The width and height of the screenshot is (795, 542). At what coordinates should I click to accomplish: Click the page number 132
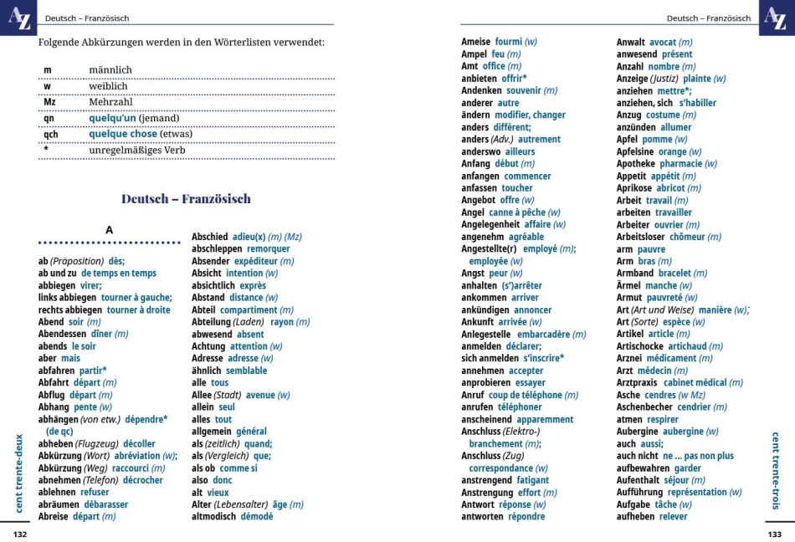(x=19, y=534)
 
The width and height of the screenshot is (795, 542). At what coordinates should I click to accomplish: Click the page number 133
(x=774, y=534)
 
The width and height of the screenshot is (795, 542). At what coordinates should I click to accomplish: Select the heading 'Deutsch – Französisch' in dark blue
(x=186, y=199)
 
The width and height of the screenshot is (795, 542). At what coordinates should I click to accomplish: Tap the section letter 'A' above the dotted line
(x=109, y=230)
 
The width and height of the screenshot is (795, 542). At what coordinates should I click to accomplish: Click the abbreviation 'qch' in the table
(x=51, y=134)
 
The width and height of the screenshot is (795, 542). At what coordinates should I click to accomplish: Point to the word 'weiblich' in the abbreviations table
(x=108, y=86)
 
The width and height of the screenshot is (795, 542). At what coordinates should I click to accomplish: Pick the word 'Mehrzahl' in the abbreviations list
(x=110, y=102)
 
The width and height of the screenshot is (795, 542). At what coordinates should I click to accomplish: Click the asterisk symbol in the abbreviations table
(x=45, y=150)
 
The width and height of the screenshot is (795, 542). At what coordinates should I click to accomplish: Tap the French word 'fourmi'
(x=508, y=42)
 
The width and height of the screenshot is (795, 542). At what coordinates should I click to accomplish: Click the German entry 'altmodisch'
(x=213, y=516)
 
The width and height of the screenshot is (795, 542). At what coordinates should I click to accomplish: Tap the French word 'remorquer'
(x=268, y=248)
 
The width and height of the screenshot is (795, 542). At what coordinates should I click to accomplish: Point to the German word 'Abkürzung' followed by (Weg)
(x=59, y=468)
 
